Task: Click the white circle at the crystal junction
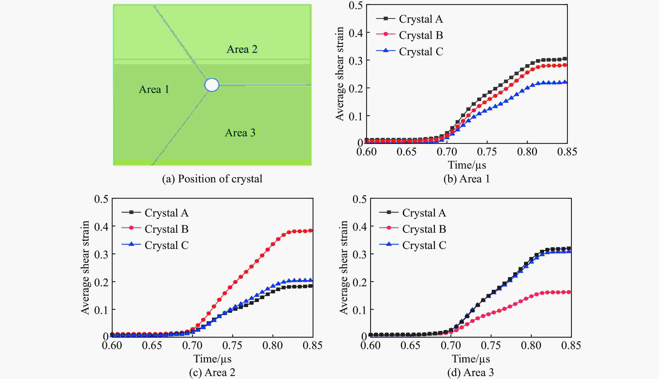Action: (212, 85)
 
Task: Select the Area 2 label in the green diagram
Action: (242, 49)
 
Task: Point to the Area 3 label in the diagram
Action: (240, 133)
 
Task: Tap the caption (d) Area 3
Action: (471, 373)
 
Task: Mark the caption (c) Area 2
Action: (212, 373)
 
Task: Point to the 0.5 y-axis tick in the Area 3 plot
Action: (359, 199)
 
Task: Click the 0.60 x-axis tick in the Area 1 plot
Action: (366, 152)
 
